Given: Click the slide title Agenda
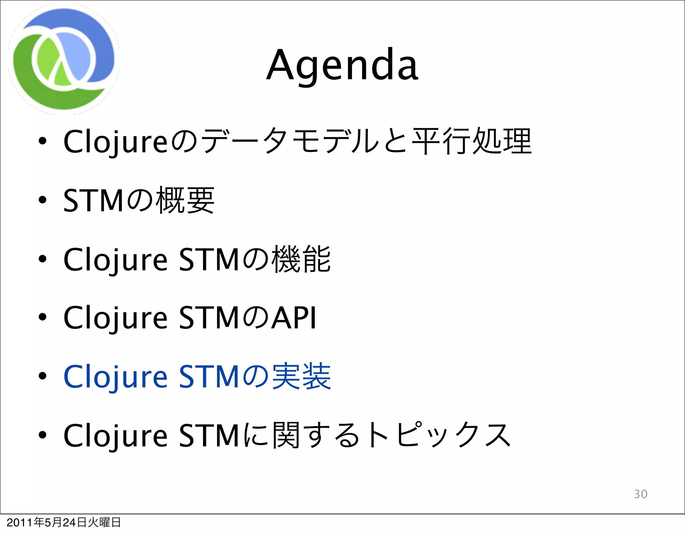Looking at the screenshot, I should [x=342, y=65].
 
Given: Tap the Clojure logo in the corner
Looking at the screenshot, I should [x=64, y=59].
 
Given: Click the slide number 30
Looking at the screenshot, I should [x=641, y=494].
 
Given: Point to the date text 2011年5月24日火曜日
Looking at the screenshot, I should [x=64, y=522].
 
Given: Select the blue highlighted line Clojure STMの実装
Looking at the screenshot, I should [x=197, y=376].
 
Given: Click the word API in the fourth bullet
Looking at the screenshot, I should [x=293, y=318].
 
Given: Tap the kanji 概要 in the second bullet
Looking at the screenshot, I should [x=186, y=200].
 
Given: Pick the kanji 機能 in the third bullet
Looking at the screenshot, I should [x=301, y=259].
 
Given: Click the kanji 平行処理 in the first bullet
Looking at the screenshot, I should [x=472, y=141].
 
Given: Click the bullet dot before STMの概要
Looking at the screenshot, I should [x=42, y=200].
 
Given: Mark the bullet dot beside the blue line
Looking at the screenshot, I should [x=42, y=376].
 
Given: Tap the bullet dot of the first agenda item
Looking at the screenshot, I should [x=42, y=141].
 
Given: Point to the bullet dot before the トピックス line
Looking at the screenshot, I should [x=42, y=435].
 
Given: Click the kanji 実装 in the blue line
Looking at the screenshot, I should [x=301, y=376].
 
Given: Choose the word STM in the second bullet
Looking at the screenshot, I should [x=93, y=200].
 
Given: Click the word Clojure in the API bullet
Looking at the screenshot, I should [x=115, y=318].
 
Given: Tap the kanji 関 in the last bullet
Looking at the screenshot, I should [x=286, y=435].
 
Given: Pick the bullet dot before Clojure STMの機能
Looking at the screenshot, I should [x=42, y=259].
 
